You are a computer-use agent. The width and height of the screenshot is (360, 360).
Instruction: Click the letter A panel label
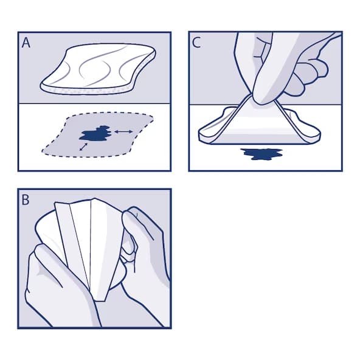pos(26,43)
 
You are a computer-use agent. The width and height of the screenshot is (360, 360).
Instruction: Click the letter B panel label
pos(26,200)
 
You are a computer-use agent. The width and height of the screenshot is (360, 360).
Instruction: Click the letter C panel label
pos(196,43)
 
